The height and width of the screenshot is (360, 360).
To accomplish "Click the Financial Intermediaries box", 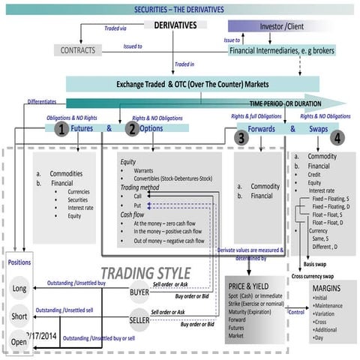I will [x=281, y=50].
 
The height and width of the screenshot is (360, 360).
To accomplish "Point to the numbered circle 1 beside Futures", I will [x=60, y=129].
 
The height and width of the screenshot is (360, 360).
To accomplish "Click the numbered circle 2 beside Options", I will [x=132, y=129].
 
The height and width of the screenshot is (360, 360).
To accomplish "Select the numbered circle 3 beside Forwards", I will [x=241, y=138].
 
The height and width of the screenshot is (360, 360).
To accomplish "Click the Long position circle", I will [x=19, y=289].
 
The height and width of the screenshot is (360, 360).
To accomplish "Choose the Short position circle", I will [x=19, y=316].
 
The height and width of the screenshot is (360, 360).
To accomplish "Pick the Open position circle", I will [x=19, y=343].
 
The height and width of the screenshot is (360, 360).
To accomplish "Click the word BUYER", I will [x=139, y=292].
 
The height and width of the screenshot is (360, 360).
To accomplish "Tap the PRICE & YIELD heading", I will [x=255, y=286].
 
